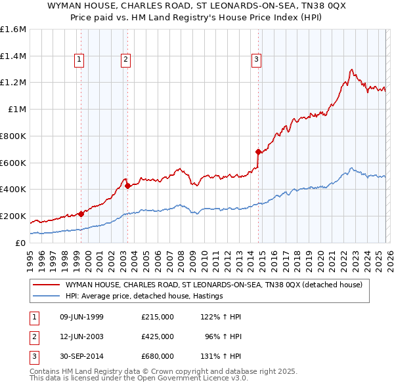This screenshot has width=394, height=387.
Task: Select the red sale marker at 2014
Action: [x=258, y=152]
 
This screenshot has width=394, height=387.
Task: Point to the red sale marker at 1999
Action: [x=81, y=213]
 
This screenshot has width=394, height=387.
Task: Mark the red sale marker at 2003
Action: [x=127, y=186]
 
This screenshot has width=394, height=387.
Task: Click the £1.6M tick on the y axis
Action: [x=13, y=30]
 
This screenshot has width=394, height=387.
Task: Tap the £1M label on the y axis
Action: [x=18, y=110]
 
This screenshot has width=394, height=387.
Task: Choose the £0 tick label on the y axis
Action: [x=20, y=243]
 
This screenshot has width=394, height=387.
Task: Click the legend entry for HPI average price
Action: [x=144, y=296]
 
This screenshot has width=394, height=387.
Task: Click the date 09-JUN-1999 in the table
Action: [x=81, y=317]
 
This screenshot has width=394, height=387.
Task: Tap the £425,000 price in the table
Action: [x=158, y=336]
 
